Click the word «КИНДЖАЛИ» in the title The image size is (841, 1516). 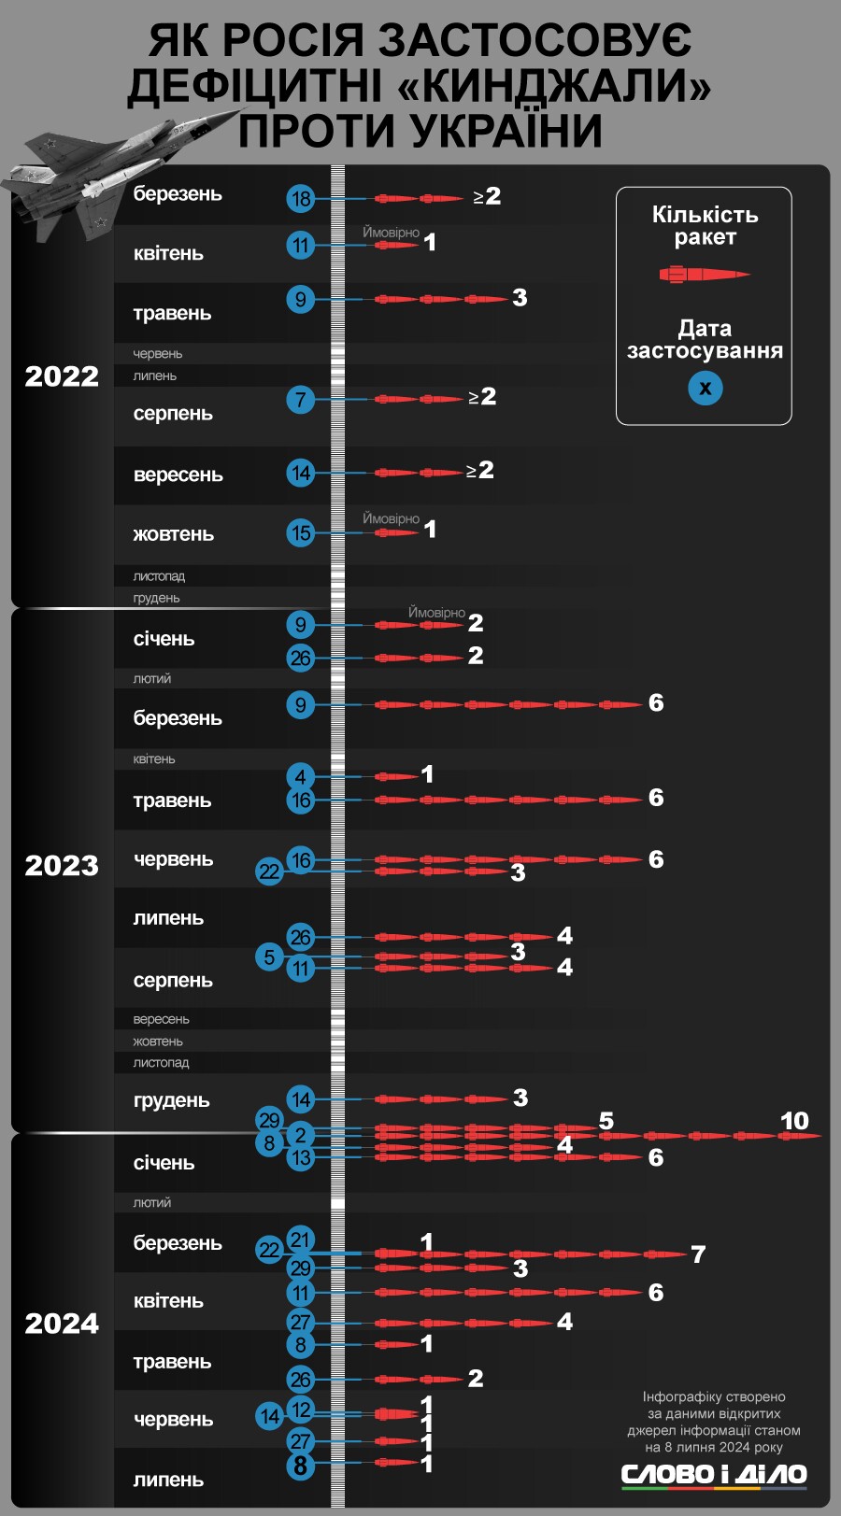click(x=555, y=86)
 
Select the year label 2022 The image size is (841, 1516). click(x=62, y=376)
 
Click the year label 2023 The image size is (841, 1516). click(x=62, y=866)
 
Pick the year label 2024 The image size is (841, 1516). click(x=62, y=1324)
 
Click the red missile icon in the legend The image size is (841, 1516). click(x=705, y=275)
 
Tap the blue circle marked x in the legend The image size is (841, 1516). click(x=706, y=388)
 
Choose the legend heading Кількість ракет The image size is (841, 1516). click(x=705, y=226)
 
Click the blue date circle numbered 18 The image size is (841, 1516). click(x=300, y=199)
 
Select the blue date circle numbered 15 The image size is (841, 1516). click(x=300, y=533)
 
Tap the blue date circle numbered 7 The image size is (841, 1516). click(x=300, y=400)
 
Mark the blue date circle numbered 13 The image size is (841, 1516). click(x=300, y=1158)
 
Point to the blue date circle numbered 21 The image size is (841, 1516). click(x=300, y=1240)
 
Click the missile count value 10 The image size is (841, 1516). click(x=794, y=1121)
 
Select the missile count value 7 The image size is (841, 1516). click(x=698, y=1254)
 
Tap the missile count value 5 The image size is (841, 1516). click(x=606, y=1121)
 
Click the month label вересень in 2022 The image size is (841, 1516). click(x=178, y=475)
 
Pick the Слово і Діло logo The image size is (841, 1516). click(x=714, y=1475)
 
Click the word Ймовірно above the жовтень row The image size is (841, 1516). click(x=391, y=518)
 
